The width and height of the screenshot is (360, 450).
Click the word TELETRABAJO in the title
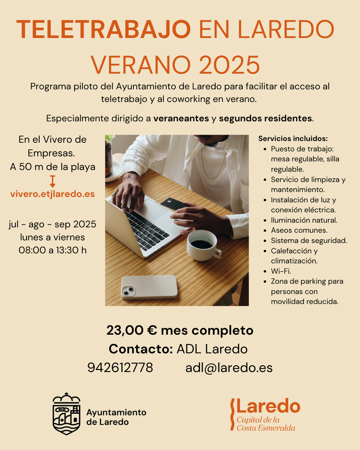(x=104, y=30)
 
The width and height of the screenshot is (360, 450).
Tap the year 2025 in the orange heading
(x=229, y=65)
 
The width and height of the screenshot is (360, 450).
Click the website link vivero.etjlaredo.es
(x=53, y=194)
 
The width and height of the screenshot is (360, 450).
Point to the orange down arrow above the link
(x=53, y=181)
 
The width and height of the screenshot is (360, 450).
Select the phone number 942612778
(x=120, y=368)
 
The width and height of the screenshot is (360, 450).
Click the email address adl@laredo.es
(x=229, y=368)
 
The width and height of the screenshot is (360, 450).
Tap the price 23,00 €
(x=132, y=330)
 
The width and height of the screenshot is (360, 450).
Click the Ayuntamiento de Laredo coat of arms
(x=67, y=414)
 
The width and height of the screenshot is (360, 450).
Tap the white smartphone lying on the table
(x=149, y=287)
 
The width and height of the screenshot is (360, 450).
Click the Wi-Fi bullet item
(x=281, y=271)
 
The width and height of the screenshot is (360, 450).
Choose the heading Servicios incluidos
(x=293, y=139)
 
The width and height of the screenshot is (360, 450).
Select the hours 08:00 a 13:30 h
(x=53, y=250)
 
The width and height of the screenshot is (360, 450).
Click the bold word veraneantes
(x=181, y=118)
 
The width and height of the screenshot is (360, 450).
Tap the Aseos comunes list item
(x=299, y=230)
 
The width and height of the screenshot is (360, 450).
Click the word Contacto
(x=141, y=349)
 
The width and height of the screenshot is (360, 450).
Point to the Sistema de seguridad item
(x=309, y=241)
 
